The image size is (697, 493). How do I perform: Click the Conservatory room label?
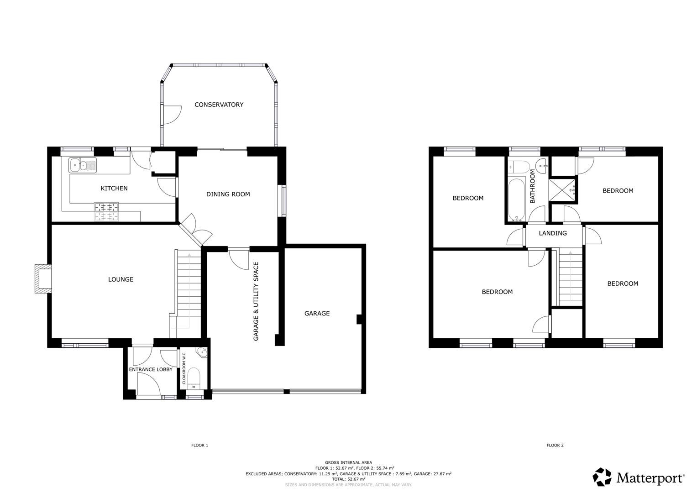[219, 105]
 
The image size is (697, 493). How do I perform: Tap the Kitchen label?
[114, 188]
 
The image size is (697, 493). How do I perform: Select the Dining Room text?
[228, 194]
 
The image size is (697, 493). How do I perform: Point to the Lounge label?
[121, 279]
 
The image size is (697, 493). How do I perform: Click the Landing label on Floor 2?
[553, 233]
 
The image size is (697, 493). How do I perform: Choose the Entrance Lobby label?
[151, 369]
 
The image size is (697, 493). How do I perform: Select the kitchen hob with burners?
[106, 211]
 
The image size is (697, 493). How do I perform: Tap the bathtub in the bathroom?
[517, 199]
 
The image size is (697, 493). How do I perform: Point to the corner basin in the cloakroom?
[201, 352]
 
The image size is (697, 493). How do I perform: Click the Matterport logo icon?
[602, 477]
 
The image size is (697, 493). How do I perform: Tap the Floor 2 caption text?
[555, 445]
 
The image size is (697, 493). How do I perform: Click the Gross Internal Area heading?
[348, 462]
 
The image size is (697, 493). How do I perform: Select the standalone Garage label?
[317, 314]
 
